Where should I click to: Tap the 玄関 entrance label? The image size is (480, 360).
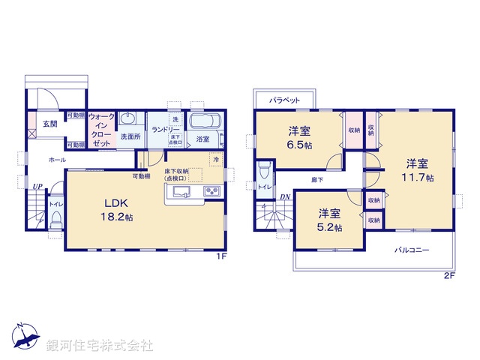coord(49,124)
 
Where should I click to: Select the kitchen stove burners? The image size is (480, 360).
coord(211,193)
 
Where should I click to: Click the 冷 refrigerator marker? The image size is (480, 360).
coord(216,159)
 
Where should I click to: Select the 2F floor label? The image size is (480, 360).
coord(449,275)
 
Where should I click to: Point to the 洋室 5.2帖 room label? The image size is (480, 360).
coord(329,220)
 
